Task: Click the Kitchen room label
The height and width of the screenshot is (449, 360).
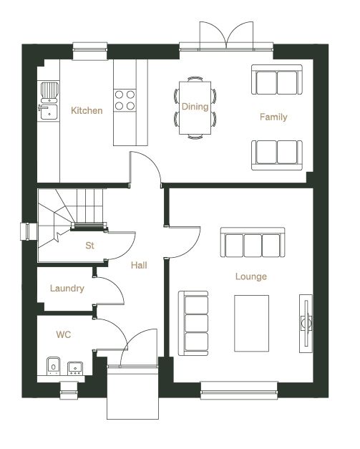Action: (87, 110)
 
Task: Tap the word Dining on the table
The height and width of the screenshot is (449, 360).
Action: (195, 107)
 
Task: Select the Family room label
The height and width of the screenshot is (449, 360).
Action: (273, 117)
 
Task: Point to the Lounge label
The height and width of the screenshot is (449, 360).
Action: (251, 276)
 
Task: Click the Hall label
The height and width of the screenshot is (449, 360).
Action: (139, 265)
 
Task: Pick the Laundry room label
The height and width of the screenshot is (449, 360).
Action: (67, 288)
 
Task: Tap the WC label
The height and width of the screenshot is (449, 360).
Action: (63, 334)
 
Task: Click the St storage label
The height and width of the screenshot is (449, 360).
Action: (89, 246)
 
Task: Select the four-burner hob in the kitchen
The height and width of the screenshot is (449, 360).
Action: (125, 100)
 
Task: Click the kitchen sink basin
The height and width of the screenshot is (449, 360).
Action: (49, 112)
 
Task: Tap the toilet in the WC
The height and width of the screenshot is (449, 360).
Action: (53, 366)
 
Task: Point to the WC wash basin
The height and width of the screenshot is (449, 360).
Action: (75, 369)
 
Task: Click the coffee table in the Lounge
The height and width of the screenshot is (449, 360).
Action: (251, 323)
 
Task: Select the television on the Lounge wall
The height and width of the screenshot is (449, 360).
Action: (306, 323)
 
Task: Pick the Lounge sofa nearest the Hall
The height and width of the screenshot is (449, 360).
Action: (193, 323)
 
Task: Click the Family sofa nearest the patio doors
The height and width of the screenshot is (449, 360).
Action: (277, 79)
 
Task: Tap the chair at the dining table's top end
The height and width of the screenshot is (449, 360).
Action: (195, 79)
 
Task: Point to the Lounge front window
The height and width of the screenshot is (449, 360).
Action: (239, 390)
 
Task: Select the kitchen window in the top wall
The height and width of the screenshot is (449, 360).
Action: (90, 52)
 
